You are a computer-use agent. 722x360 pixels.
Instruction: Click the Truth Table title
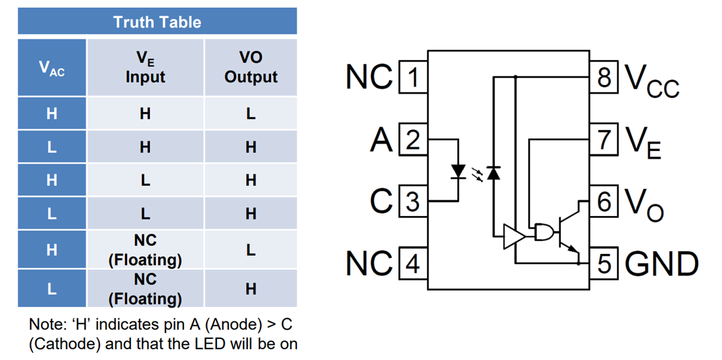[x=157, y=22]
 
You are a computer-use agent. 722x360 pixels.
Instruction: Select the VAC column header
[x=52, y=67]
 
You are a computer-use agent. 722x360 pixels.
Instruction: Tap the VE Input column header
[x=145, y=67]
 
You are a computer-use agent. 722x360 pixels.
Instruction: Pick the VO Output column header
[x=251, y=67]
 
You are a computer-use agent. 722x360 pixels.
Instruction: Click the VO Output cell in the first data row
[x=251, y=113]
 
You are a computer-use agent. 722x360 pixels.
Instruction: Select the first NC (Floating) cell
[x=145, y=250]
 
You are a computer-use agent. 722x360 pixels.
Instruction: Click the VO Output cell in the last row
[x=251, y=289]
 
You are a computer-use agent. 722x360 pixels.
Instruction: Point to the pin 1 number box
[x=413, y=78]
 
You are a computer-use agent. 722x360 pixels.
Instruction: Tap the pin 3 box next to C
[x=413, y=202]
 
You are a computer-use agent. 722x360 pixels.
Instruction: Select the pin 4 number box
[x=413, y=264]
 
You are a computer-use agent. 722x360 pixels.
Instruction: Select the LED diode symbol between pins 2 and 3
[x=459, y=172]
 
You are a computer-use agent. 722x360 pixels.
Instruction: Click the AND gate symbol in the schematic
[x=544, y=232]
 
